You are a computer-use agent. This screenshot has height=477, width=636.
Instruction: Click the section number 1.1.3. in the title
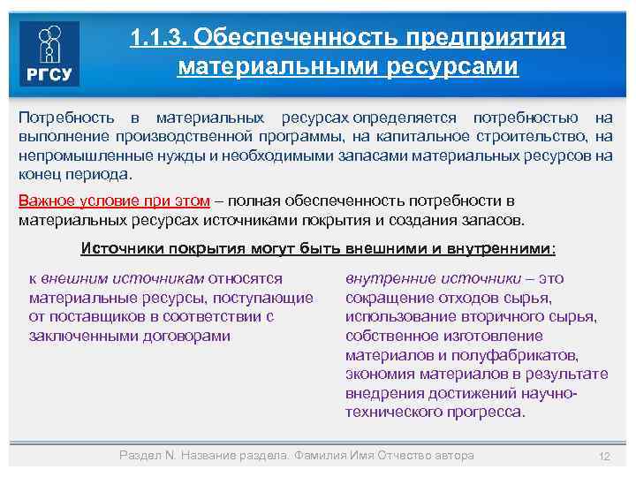[x=158, y=38]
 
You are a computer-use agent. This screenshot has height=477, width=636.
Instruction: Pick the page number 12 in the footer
[x=604, y=456]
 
